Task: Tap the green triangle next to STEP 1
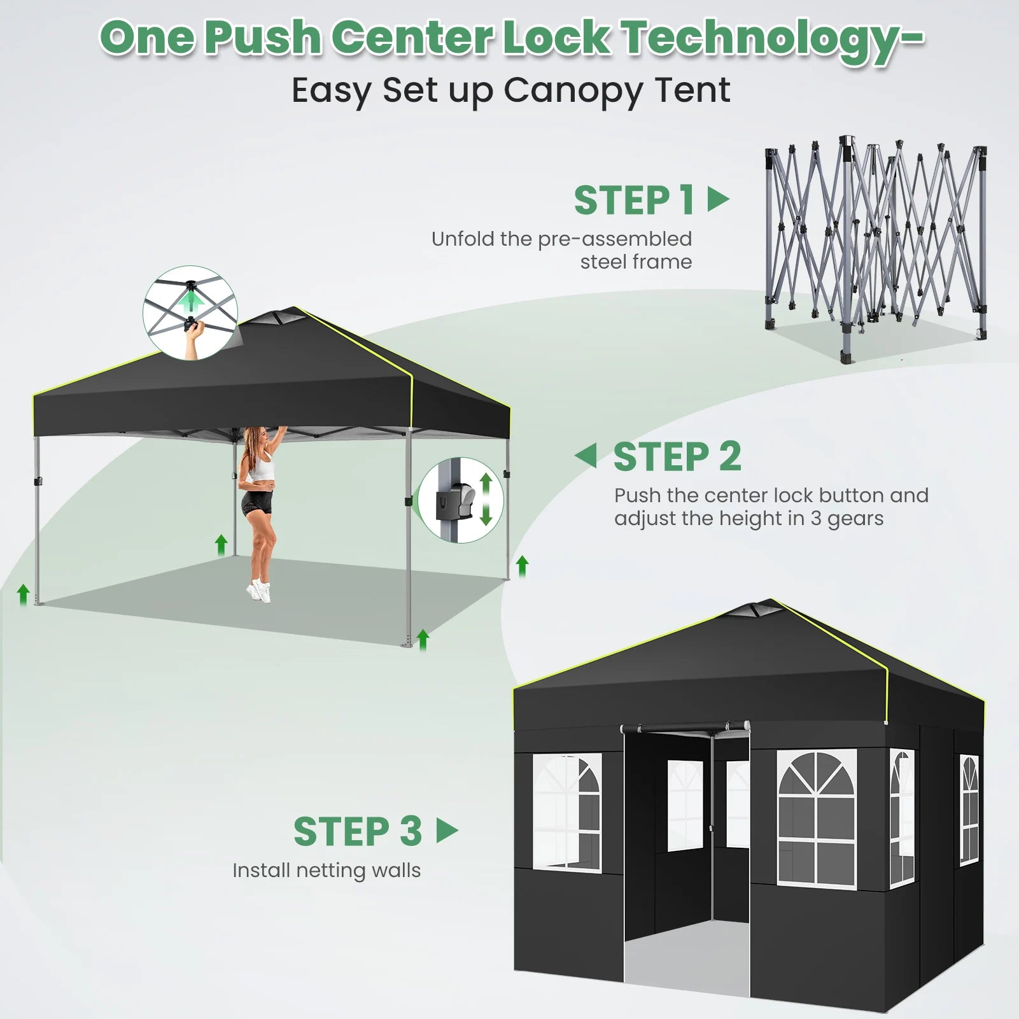717,199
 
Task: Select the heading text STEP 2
677,457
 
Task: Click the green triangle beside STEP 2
586,456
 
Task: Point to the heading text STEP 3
358,831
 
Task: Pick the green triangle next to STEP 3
447,830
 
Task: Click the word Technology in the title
772,38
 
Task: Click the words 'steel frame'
636,262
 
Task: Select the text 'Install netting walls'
327,870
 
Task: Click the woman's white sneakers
259,591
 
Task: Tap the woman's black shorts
257,503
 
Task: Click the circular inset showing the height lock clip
461,500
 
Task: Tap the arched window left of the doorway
567,813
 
